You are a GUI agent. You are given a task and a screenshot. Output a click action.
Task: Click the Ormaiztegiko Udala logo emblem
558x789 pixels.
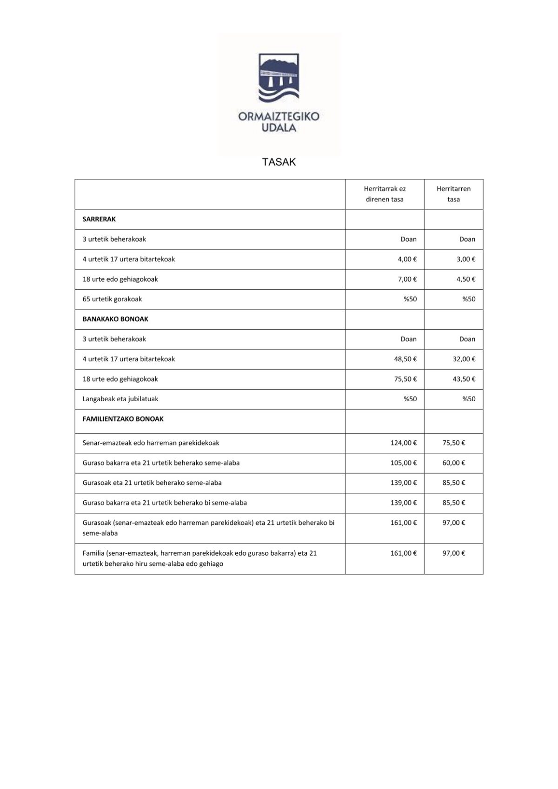(279, 78)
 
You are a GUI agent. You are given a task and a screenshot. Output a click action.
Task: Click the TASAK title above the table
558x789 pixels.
(279, 162)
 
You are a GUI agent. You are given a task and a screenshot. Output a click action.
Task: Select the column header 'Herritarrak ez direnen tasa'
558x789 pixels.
(385, 194)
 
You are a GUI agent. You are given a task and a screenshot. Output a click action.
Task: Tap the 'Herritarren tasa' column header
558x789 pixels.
(453, 194)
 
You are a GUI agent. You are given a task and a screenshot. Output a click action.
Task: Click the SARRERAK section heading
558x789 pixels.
(99, 219)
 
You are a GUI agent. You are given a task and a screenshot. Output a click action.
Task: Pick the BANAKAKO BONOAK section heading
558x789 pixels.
(115, 319)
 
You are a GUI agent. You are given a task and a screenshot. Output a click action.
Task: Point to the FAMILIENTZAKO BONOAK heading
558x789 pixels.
(123, 419)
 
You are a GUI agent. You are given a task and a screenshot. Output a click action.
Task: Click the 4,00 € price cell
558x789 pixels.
(407, 259)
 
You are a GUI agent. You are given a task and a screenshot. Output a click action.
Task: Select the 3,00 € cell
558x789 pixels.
(465, 259)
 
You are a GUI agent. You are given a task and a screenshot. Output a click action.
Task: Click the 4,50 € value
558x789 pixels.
(465, 279)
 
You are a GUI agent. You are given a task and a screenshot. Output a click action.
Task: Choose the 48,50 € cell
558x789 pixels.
(405, 359)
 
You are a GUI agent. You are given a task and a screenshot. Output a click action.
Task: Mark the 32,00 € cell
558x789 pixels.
(464, 359)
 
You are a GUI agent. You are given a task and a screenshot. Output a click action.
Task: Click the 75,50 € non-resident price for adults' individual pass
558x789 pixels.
(405, 379)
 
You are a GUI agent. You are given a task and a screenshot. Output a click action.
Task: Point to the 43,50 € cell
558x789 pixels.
(464, 379)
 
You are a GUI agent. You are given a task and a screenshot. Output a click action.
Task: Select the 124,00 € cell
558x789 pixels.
(403, 443)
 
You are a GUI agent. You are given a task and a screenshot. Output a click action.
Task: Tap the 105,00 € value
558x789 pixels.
(403, 463)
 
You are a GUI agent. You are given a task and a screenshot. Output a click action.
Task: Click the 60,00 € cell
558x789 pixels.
(453, 463)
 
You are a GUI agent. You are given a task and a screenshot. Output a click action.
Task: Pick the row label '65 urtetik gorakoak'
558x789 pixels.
(112, 299)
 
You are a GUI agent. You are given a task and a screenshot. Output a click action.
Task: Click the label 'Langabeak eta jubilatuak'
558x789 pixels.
(120, 399)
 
